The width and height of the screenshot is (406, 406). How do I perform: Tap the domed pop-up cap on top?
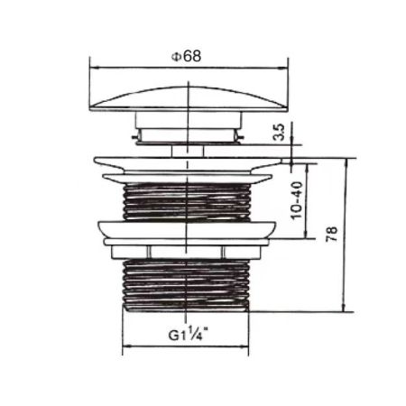pyautogui.click(x=188, y=97)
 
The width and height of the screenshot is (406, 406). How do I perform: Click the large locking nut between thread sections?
pyautogui.click(x=188, y=232)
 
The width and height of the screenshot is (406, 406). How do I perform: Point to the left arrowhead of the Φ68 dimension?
pyautogui.click(x=95, y=64)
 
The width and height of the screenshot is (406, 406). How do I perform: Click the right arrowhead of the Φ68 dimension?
pyautogui.click(x=281, y=64)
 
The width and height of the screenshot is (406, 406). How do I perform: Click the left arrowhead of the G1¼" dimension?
pyautogui.click(x=124, y=347)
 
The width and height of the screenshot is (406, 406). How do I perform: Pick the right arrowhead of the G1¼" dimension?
pyautogui.click(x=252, y=347)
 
